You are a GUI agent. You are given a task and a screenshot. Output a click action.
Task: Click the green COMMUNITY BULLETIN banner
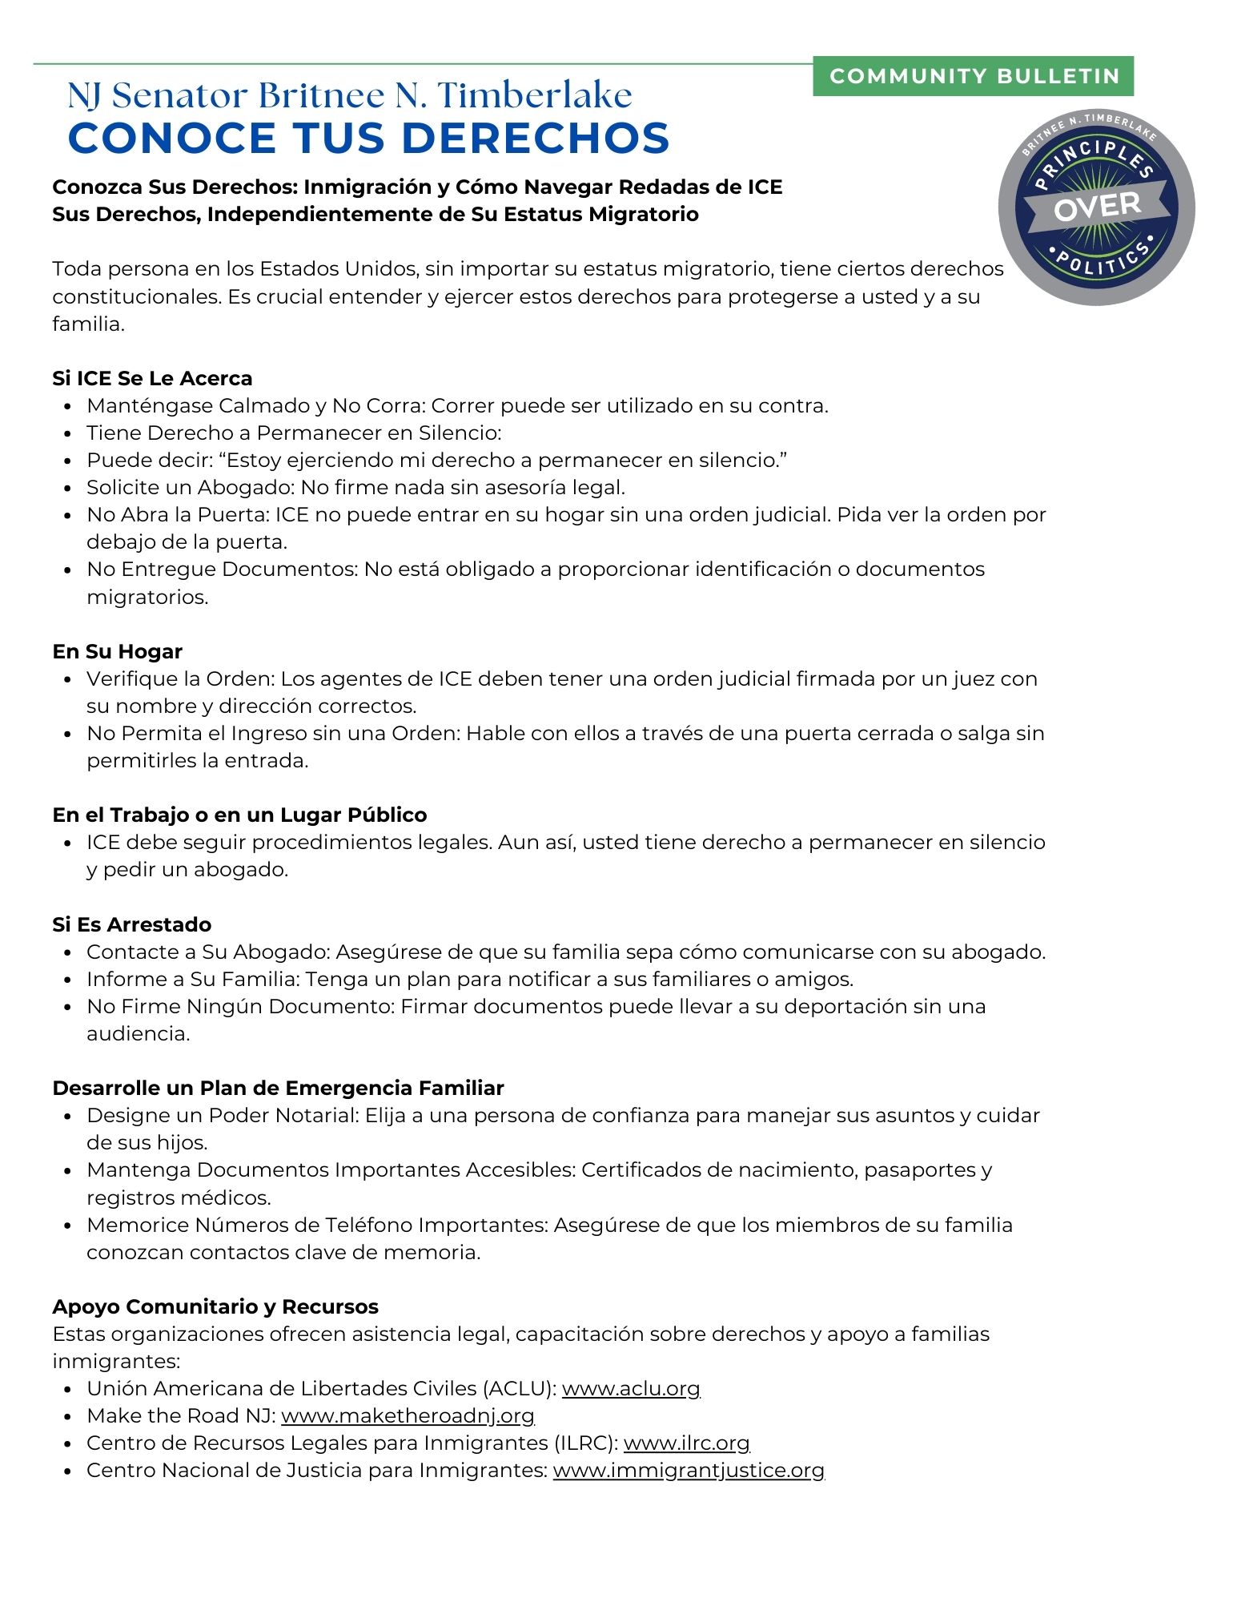(973, 76)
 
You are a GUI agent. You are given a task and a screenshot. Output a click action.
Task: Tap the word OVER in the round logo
(1097, 207)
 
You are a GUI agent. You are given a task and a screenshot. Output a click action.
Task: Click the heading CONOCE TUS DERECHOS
(368, 138)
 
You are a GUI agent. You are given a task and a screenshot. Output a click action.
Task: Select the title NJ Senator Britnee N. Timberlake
(350, 95)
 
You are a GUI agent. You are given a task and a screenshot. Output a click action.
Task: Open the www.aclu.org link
(631, 1388)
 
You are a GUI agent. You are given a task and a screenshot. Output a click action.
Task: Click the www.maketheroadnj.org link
(408, 1415)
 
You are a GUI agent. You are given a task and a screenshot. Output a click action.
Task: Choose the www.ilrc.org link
(686, 1443)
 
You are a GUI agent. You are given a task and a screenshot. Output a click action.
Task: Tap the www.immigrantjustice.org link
(689, 1470)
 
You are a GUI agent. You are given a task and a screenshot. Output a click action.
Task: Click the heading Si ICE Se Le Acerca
(152, 378)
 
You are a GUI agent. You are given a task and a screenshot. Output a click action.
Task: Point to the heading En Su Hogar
(118, 651)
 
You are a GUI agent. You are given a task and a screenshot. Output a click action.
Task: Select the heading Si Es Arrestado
(132, 924)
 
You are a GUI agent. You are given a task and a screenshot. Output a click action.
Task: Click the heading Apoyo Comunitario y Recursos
(215, 1306)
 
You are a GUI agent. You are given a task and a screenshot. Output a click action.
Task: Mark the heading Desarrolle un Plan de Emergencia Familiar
(278, 1088)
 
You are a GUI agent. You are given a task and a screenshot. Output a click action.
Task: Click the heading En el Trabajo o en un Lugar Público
(239, 815)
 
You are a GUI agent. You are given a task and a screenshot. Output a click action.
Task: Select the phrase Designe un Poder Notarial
(222, 1115)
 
